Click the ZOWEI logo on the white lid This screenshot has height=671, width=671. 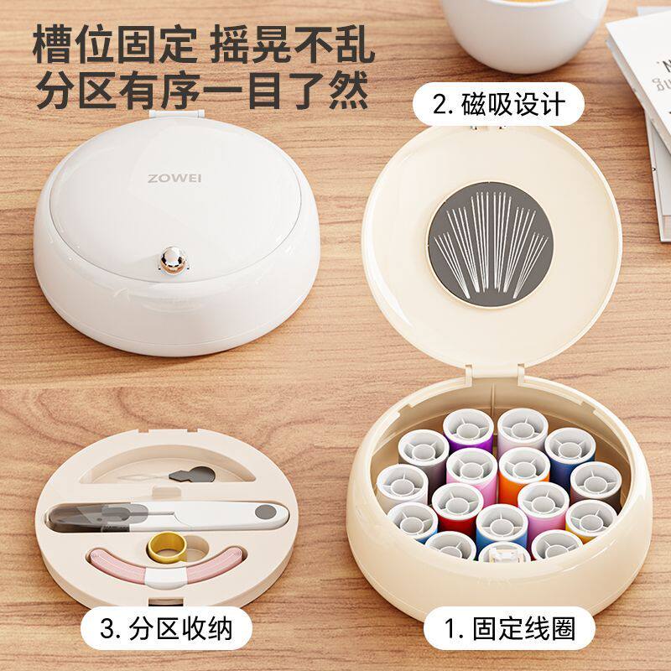pyautogui.click(x=174, y=179)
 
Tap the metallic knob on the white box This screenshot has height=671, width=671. pyautogui.click(x=174, y=260)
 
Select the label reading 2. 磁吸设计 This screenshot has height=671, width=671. pyautogui.click(x=498, y=104)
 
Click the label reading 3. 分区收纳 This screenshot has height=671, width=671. pyautogui.click(x=166, y=628)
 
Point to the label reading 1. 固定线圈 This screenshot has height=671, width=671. pyautogui.click(x=509, y=628)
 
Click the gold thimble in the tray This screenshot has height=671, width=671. pyautogui.click(x=167, y=548)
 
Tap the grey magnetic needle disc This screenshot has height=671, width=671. pyautogui.click(x=490, y=245)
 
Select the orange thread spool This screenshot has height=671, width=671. pyautogui.click(x=523, y=475)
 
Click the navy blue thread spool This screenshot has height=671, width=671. pyautogui.click(x=570, y=455)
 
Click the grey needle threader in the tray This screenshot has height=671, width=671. pyautogui.click(x=192, y=474)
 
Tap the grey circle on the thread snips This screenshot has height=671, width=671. pyautogui.click(x=266, y=512)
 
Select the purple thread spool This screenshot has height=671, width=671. pyautogui.click(x=468, y=430)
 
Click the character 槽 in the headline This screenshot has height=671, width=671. pyautogui.click(x=53, y=44)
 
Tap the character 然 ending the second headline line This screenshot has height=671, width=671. pyautogui.click(x=349, y=90)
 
